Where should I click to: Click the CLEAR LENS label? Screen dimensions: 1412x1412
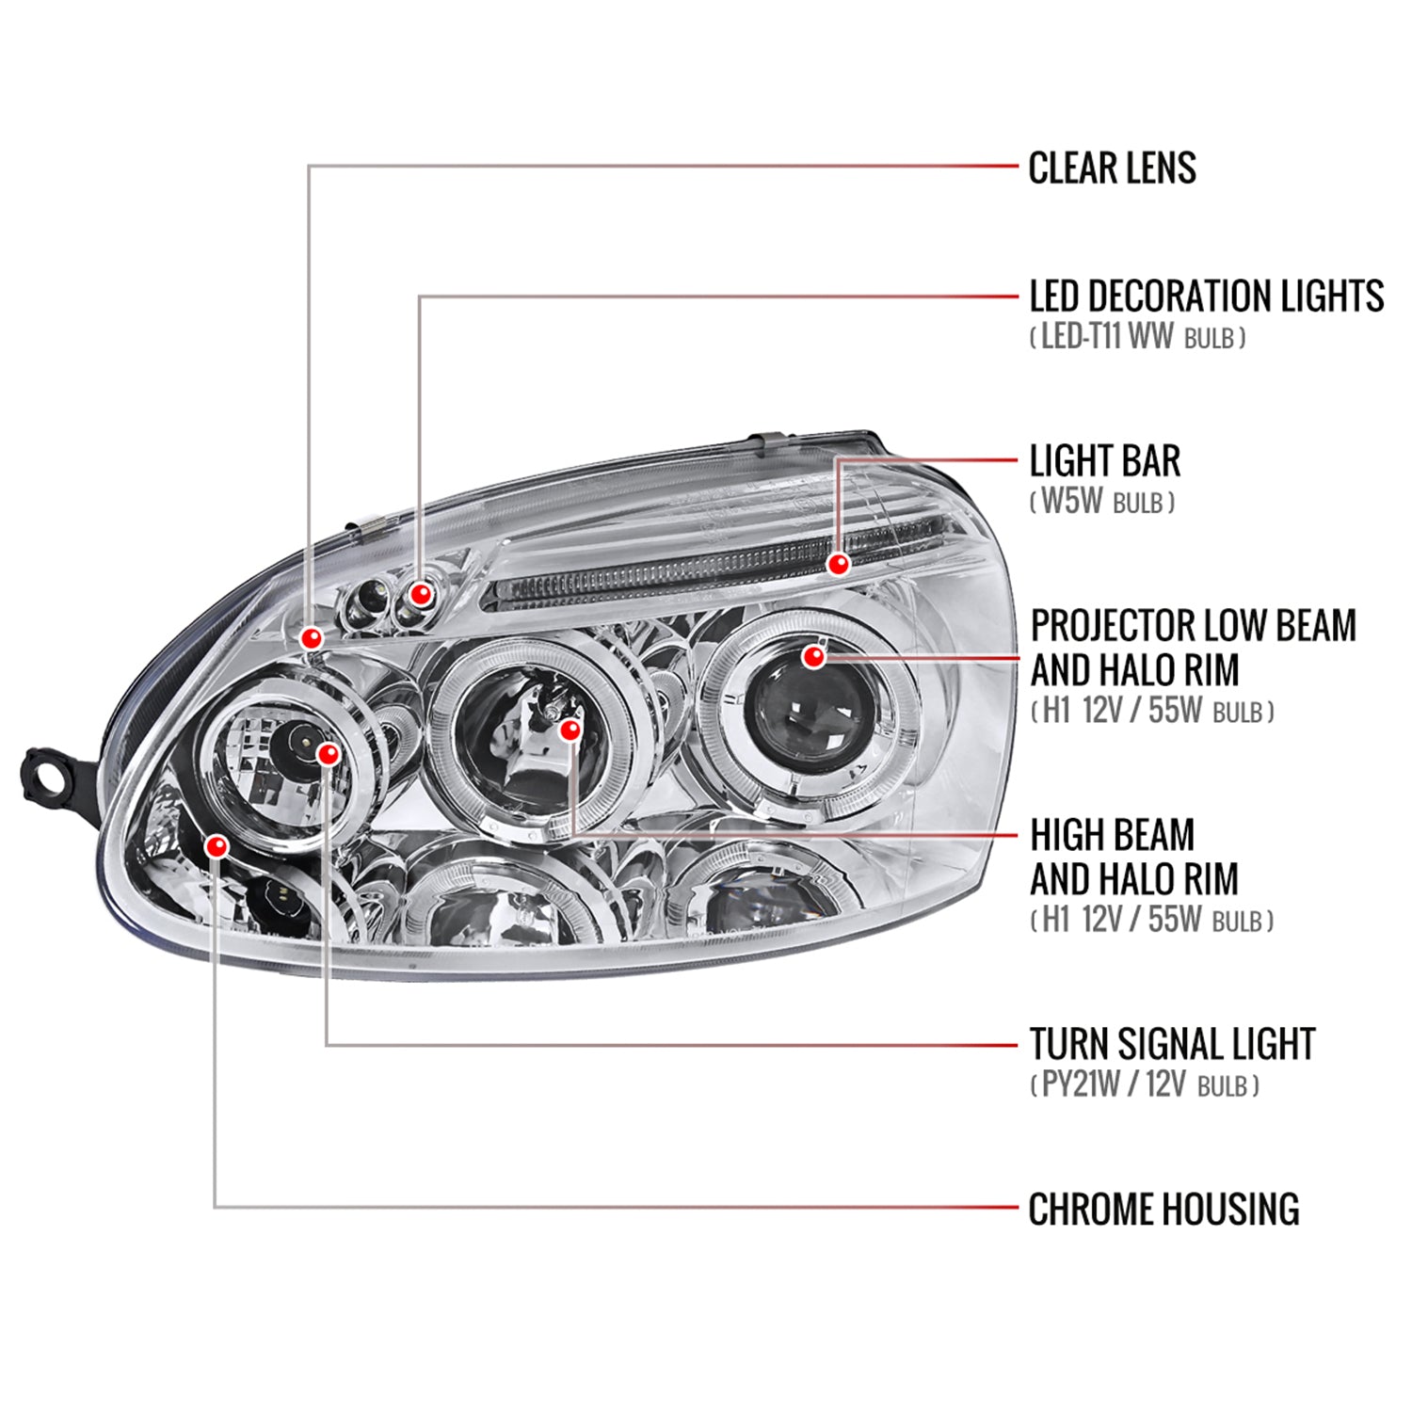[x=1112, y=168]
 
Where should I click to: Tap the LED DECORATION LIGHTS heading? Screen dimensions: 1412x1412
[x=1206, y=297]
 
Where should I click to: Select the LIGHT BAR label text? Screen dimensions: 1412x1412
[x=1104, y=461]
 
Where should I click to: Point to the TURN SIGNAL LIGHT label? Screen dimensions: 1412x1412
[x=1172, y=1044]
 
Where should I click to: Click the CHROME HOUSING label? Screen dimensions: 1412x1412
[x=1163, y=1210]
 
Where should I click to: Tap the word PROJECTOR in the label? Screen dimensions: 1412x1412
[x=1112, y=626]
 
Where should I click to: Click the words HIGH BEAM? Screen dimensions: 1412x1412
[x=1112, y=835]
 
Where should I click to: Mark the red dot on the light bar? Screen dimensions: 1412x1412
[x=838, y=564]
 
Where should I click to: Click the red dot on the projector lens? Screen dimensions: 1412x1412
[x=813, y=656]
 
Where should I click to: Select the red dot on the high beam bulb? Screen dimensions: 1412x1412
[x=570, y=730]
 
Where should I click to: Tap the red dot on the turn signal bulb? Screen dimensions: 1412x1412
[x=328, y=753]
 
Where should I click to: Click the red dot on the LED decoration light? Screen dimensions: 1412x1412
[x=421, y=594]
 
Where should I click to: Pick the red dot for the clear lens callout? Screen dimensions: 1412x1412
[x=312, y=638]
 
